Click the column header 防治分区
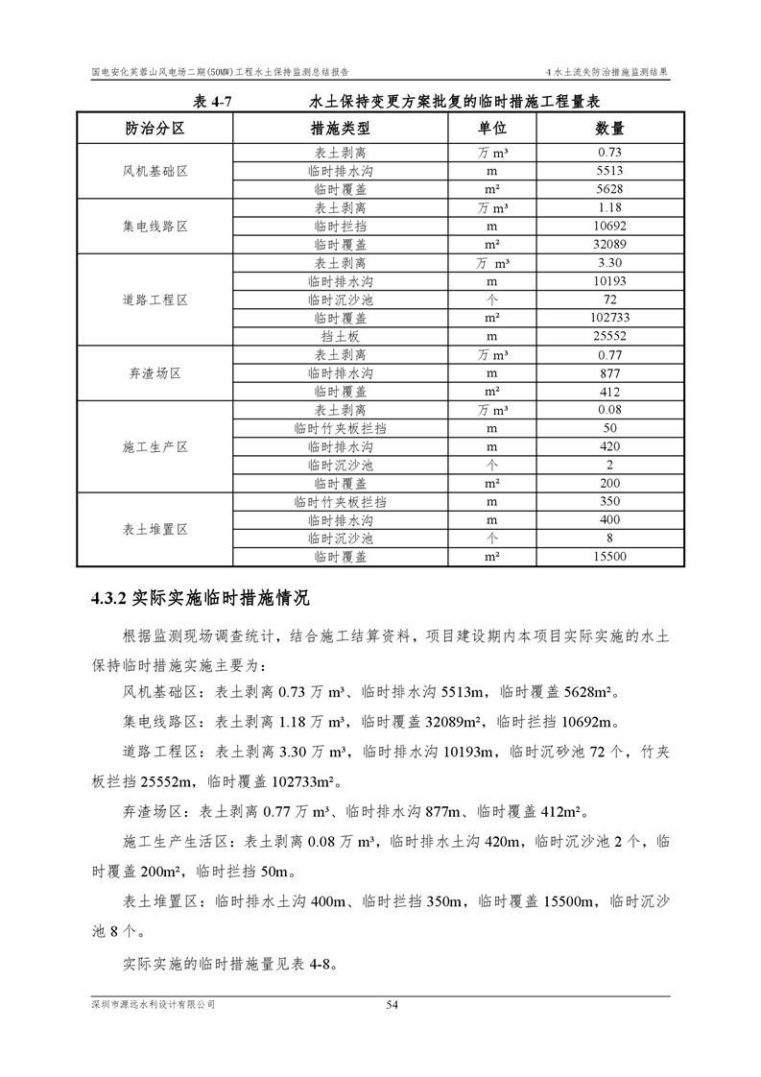click(155, 128)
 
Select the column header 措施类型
click(341, 128)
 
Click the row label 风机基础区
click(155, 171)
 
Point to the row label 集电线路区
click(155, 227)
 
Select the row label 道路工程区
click(155, 299)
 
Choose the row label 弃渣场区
click(155, 373)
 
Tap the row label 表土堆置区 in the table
click(155, 529)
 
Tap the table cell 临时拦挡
click(341, 227)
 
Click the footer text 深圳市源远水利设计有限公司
click(154, 1004)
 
